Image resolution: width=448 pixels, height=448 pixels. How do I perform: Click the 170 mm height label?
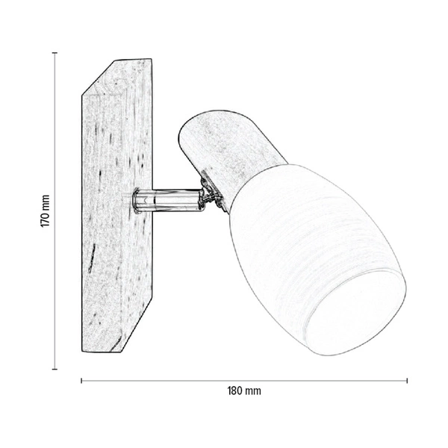[45, 211]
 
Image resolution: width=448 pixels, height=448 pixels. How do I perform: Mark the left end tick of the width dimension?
[81, 381]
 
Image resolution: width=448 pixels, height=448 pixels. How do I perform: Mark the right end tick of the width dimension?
[407, 381]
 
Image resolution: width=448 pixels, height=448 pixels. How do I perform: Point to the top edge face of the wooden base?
[119, 75]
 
